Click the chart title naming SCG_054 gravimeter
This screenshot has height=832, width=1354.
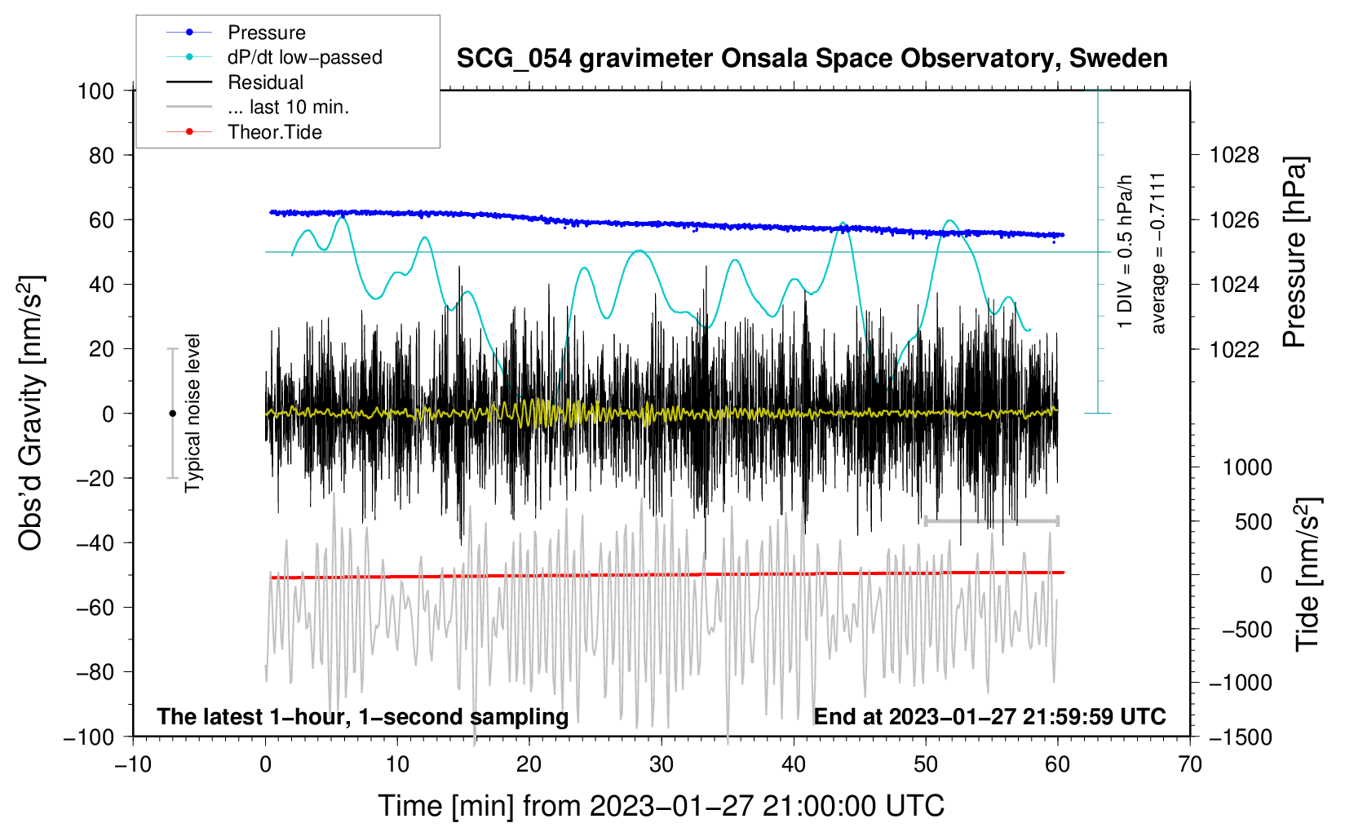coord(812,59)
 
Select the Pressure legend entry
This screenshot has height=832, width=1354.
coord(266,33)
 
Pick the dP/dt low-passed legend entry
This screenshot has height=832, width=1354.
coord(304,57)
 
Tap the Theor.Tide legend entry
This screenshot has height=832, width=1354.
coord(274,132)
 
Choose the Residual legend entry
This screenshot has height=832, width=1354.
coord(265,82)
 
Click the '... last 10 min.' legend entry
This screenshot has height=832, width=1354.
coord(288,107)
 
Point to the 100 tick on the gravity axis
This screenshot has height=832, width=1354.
coord(96,91)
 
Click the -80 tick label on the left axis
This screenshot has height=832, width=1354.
coord(94,672)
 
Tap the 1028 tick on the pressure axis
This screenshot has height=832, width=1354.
coord(1234,155)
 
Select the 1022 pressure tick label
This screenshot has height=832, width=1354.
coord(1234,349)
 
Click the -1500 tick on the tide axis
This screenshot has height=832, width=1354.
coord(1240,737)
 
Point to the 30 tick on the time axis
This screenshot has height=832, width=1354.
coord(662,764)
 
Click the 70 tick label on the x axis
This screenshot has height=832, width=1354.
coord(1190,764)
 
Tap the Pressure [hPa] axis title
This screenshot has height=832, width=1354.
coord(1294,252)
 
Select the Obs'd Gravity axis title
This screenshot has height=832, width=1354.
coord(30,413)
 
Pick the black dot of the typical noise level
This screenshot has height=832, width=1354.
coord(172,414)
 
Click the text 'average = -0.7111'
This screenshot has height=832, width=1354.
coord(1158,253)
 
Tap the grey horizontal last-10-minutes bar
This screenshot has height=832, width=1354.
coord(991,521)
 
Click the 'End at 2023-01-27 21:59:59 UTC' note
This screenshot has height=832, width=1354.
coord(989,716)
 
